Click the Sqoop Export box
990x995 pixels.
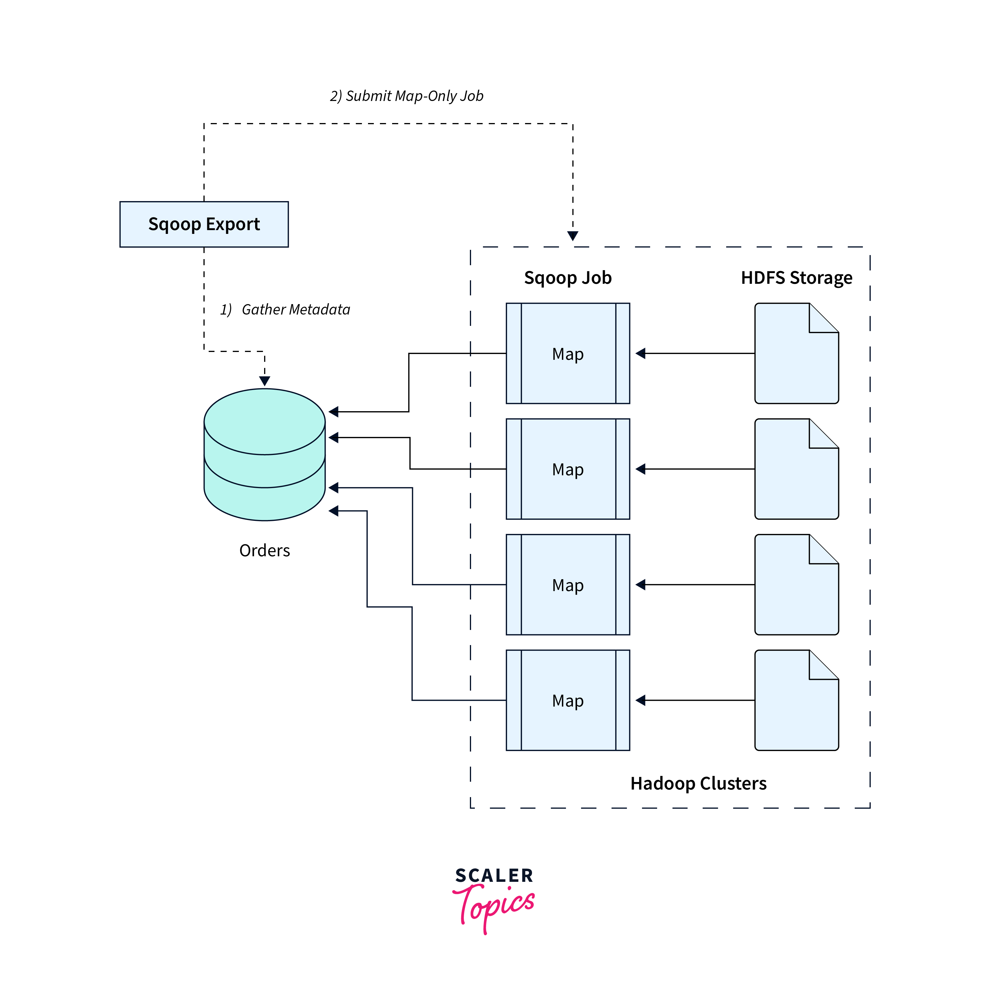[204, 224]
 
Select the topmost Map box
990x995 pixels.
[568, 353]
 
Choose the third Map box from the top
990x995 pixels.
[568, 584]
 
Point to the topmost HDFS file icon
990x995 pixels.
[796, 353]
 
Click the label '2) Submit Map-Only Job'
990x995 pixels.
[406, 96]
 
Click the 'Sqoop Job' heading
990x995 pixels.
[568, 278]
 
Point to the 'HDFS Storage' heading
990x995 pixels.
[796, 278]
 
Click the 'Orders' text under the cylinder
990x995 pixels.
[264, 550]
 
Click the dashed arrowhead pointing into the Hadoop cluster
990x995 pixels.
[572, 236]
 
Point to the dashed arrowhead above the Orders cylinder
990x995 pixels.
[264, 381]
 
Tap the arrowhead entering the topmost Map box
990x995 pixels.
[640, 353]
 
